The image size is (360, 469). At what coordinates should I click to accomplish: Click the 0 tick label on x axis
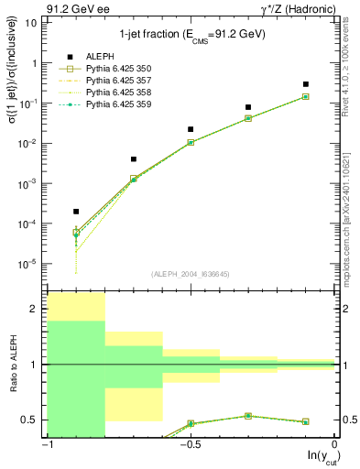(336, 446)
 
